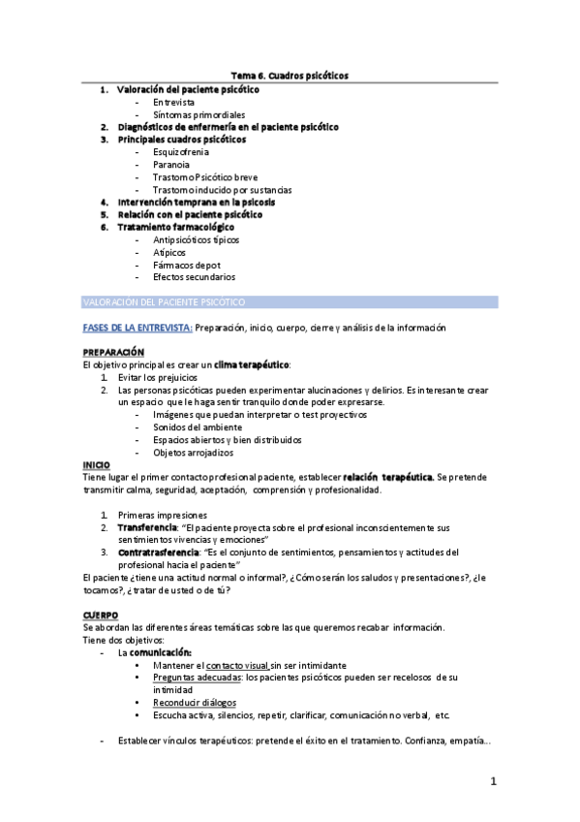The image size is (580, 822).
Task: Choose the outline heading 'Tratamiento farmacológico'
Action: (175, 227)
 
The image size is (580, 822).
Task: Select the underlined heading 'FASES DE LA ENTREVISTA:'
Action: (137, 328)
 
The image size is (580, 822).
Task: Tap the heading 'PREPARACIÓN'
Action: (113, 352)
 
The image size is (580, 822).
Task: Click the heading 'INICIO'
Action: (97, 465)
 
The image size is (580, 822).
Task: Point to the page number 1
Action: (493, 781)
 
